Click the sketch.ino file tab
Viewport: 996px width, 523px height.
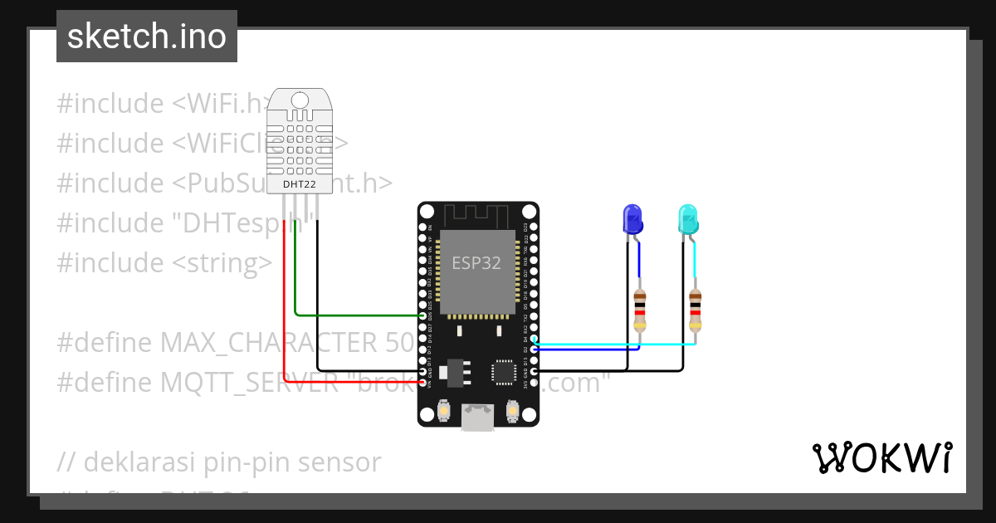[x=147, y=37]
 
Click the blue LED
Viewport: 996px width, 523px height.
[x=632, y=220]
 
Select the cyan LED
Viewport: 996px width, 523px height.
[x=688, y=220]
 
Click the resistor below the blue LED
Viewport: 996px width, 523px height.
[x=639, y=310]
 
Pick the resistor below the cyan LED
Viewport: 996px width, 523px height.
[x=695, y=310]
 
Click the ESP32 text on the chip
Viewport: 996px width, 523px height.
[x=476, y=263]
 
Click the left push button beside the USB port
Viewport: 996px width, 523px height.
[x=444, y=410]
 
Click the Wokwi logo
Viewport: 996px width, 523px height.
[x=881, y=458]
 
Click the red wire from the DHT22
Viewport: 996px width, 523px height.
[x=285, y=307]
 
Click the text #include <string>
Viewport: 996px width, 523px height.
[x=164, y=263]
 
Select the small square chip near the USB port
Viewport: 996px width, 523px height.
[x=504, y=372]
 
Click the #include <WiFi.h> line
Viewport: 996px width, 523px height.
[x=163, y=104]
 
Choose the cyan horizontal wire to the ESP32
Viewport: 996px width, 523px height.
[x=614, y=344]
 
